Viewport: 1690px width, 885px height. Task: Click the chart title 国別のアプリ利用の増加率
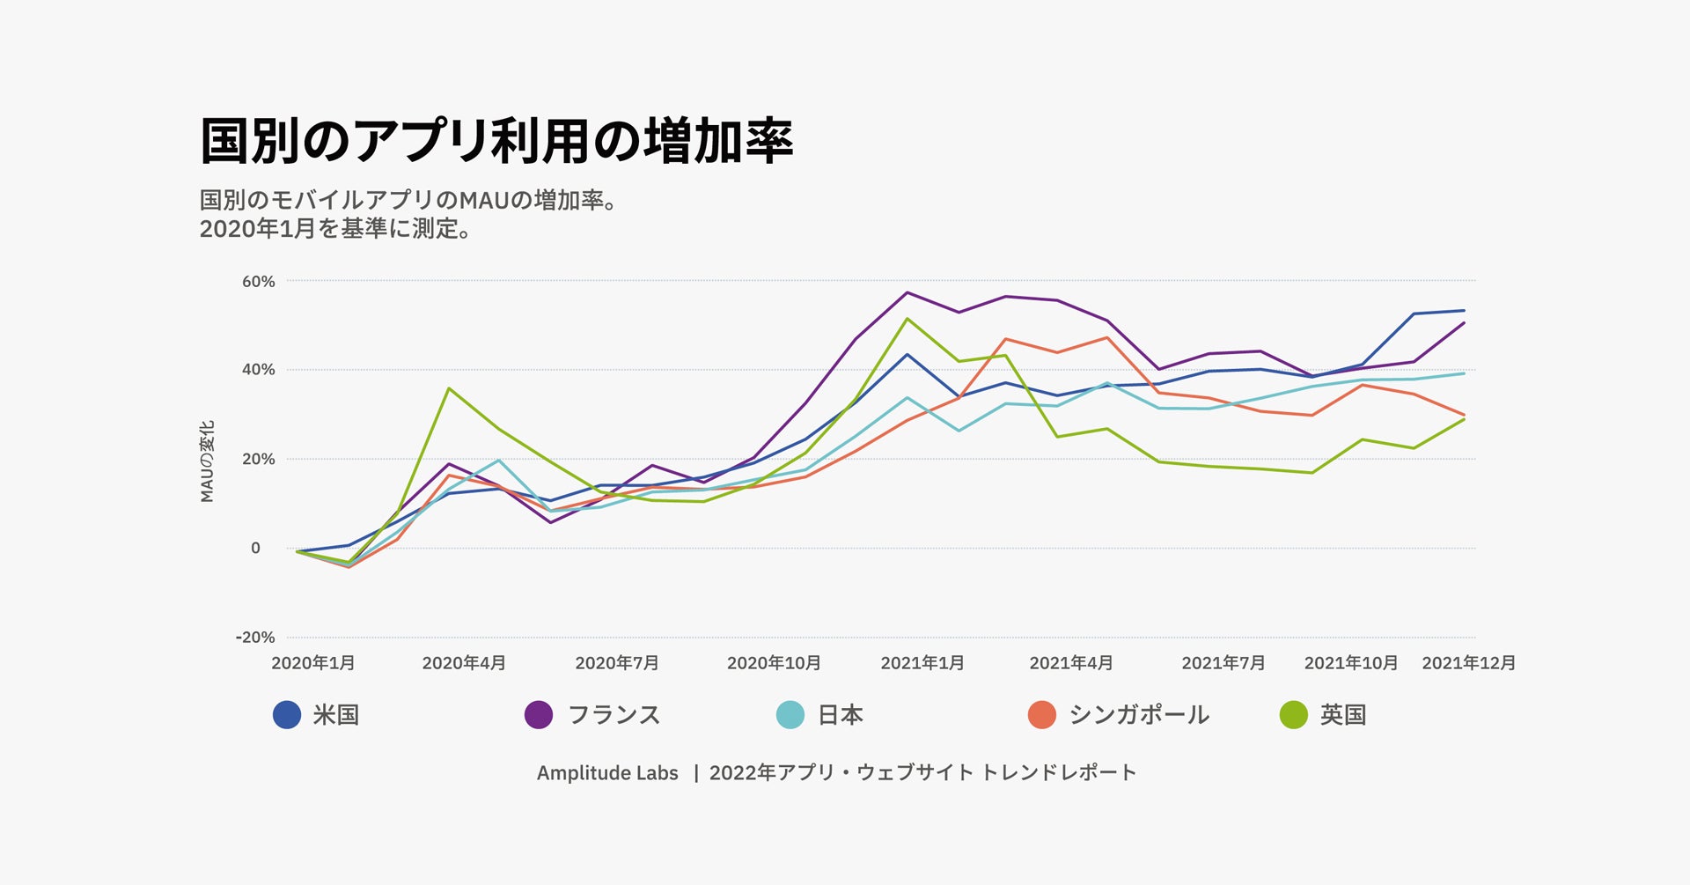(496, 141)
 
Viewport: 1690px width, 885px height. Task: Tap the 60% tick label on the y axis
(258, 282)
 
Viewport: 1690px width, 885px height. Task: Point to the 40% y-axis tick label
(258, 370)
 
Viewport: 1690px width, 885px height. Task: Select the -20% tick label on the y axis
(255, 637)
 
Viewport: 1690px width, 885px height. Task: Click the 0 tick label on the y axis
(255, 548)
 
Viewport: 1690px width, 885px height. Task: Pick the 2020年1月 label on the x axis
(312, 663)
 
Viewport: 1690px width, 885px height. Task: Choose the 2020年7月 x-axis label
(616, 663)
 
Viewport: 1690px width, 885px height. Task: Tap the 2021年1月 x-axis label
(922, 663)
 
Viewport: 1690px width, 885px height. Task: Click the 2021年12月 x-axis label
(1468, 663)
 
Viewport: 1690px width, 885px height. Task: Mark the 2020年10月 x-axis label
(773, 663)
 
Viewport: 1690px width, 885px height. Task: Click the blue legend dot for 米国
(287, 714)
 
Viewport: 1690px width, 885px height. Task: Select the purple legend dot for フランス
(538, 714)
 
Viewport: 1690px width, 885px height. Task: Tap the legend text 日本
(840, 714)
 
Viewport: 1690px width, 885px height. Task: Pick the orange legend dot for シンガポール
(1041, 714)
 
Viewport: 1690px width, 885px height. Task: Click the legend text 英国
(1342, 714)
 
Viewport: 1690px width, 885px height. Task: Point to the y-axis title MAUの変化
(207, 461)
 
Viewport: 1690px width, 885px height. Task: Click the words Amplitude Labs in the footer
(607, 772)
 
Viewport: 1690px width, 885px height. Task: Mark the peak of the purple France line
(907, 292)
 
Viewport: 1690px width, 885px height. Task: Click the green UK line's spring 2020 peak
(449, 388)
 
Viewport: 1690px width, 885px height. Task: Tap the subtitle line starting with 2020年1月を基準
(334, 229)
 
